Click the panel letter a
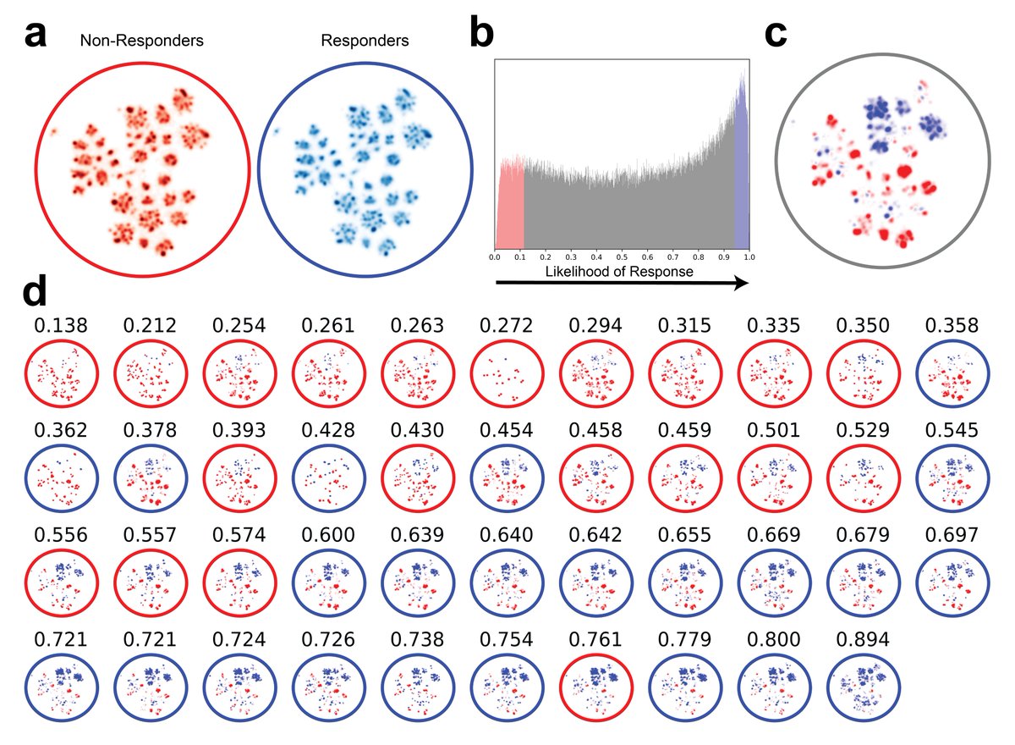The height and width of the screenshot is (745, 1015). click(x=36, y=36)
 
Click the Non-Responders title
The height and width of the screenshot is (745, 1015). click(x=142, y=41)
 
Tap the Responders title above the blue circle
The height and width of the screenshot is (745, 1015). click(x=365, y=41)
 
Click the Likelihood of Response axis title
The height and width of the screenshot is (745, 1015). click(x=619, y=272)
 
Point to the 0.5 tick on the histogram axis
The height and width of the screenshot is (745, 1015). click(x=622, y=257)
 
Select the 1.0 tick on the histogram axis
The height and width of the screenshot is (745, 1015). click(x=749, y=257)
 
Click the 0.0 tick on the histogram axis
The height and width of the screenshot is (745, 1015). click(x=495, y=257)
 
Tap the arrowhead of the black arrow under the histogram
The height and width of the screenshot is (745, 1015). click(x=741, y=284)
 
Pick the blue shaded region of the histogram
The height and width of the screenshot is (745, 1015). click(x=742, y=173)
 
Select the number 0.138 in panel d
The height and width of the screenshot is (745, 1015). click(x=61, y=326)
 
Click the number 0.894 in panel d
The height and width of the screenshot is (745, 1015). click(x=863, y=639)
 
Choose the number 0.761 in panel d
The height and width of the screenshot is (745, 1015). click(x=595, y=639)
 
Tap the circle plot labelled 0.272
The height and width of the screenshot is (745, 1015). click(x=507, y=373)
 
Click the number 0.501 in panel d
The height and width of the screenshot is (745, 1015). click(x=773, y=430)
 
